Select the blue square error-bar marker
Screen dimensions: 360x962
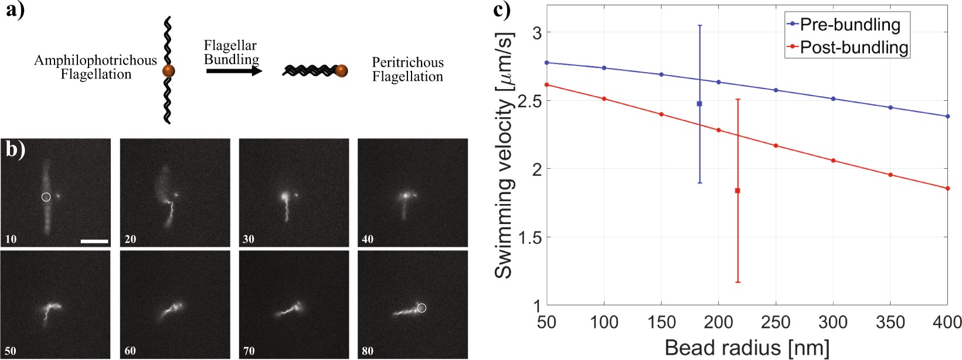[x=699, y=104]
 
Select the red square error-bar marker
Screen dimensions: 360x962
[x=737, y=191]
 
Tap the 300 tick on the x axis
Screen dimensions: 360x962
[x=833, y=322]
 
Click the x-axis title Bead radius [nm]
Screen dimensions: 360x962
[x=747, y=348]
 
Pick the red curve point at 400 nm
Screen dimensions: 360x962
[x=947, y=188]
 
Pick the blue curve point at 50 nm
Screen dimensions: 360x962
[x=546, y=63]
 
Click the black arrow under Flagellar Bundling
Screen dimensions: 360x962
[x=233, y=71]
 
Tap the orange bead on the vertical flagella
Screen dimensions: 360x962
[x=168, y=71]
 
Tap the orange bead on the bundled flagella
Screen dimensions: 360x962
[x=341, y=71]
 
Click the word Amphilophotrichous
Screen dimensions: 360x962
[x=96, y=60]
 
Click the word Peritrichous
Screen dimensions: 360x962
[x=407, y=63]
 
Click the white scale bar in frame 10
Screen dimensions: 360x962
[x=94, y=240]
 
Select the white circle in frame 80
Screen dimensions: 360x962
[x=421, y=307]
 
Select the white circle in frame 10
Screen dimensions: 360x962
[x=46, y=197]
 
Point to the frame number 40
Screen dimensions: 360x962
[x=368, y=239]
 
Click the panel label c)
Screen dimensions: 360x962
[x=501, y=10]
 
